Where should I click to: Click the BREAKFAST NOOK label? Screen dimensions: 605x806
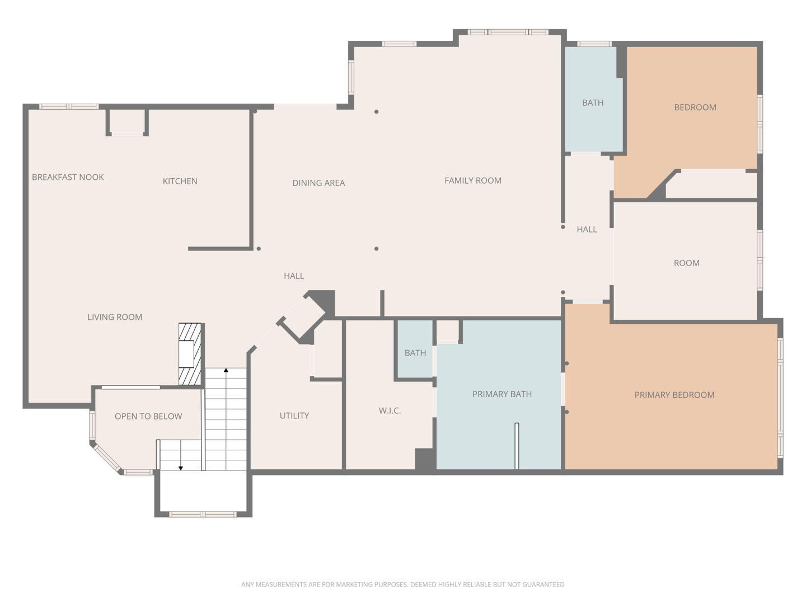click(x=68, y=177)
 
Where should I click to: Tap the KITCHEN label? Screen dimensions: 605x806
click(x=180, y=181)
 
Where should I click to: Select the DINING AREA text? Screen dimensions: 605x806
click(x=318, y=183)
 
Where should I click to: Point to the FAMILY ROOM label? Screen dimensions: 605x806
click(x=472, y=180)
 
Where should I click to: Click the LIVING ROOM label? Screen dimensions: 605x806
click(x=115, y=317)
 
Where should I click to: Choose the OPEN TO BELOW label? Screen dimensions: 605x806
click(x=148, y=416)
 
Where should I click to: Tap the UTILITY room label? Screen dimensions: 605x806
click(x=294, y=416)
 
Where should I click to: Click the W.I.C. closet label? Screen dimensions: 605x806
click(x=390, y=411)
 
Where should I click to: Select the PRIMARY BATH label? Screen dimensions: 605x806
click(x=502, y=394)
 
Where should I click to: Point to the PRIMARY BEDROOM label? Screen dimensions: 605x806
click(x=674, y=395)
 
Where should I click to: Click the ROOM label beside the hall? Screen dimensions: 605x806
click(x=686, y=263)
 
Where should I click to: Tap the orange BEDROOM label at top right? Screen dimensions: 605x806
click(x=695, y=108)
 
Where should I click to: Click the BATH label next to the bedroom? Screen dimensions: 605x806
click(x=592, y=103)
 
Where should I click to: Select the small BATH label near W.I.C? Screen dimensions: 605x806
click(x=415, y=353)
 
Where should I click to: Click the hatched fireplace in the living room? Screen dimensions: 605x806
click(x=190, y=354)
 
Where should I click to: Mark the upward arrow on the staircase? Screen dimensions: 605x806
click(x=226, y=370)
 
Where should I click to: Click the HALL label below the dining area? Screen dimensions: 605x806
click(x=294, y=276)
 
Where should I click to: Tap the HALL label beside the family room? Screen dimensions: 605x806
click(x=587, y=229)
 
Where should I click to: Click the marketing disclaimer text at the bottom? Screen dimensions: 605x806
click(x=402, y=584)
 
